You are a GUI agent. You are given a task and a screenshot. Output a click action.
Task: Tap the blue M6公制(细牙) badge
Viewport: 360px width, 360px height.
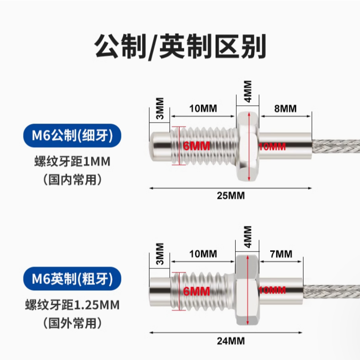[72, 136]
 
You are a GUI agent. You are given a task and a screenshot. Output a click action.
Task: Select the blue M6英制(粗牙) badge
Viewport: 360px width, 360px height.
[72, 279]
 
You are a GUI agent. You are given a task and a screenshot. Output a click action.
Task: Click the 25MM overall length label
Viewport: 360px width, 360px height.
[231, 196]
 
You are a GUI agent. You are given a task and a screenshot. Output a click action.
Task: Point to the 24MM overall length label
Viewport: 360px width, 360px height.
[231, 341]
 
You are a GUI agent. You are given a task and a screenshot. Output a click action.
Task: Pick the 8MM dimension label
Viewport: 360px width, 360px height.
[285, 108]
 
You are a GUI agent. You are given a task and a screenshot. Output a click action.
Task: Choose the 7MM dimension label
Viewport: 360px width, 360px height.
[281, 254]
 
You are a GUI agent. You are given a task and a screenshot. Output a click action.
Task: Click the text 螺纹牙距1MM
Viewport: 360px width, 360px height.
[72, 161]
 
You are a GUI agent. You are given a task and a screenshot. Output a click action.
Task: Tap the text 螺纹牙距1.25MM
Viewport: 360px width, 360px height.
[72, 305]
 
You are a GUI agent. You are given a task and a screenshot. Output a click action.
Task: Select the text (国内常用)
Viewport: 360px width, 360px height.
[72, 180]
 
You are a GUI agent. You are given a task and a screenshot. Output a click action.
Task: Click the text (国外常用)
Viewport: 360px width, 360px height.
[72, 323]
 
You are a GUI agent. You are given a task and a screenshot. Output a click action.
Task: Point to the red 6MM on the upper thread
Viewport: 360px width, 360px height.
[196, 146]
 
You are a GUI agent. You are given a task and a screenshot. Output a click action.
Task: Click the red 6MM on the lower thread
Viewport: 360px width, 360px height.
[196, 292]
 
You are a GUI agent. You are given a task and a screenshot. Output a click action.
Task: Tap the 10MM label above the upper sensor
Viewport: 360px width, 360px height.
[203, 108]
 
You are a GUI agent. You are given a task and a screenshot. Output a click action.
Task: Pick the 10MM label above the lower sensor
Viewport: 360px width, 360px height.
[203, 254]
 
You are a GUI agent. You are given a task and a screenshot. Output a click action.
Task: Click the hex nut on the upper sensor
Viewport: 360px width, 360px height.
[248, 146]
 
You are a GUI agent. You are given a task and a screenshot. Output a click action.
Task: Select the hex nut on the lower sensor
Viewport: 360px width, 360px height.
[247, 290]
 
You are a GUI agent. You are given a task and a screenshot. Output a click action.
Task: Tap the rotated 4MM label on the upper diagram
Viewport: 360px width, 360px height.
[248, 92]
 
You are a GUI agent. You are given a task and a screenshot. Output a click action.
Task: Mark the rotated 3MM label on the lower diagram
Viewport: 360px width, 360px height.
[160, 254]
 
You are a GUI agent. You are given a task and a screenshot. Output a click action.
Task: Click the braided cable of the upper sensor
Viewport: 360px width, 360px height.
[336, 146]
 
